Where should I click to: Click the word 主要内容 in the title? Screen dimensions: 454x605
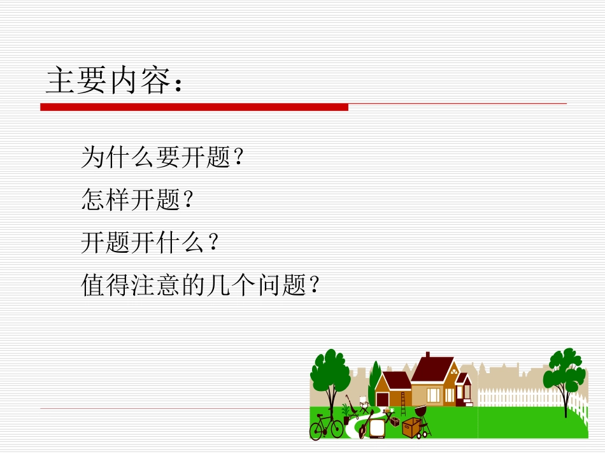pos(108,81)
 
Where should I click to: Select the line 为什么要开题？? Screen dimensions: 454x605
pos(162,157)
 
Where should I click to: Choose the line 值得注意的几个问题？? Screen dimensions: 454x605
pos(199,285)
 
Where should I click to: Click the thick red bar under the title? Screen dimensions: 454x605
pos(194,107)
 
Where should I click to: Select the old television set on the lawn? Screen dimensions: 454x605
pos(377,427)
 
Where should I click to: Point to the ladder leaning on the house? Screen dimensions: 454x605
pos(402,404)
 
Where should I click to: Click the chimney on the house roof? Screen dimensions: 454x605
pos(428,355)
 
